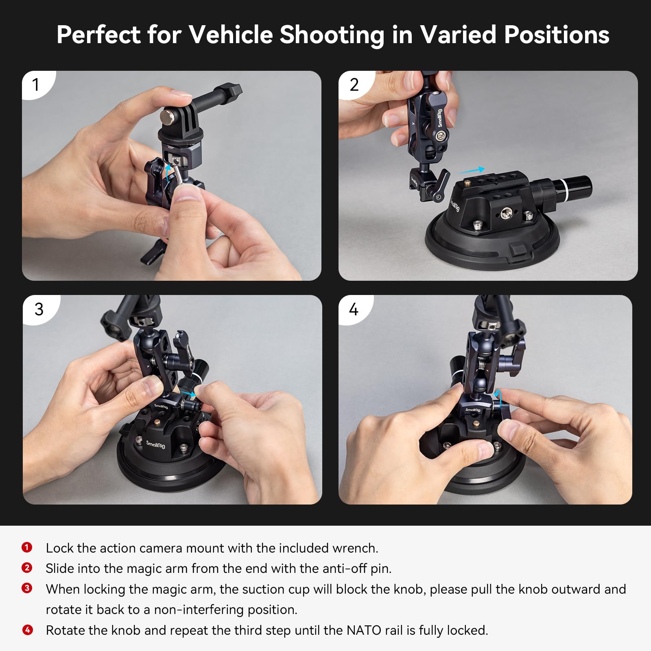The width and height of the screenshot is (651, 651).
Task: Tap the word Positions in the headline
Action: coord(556,35)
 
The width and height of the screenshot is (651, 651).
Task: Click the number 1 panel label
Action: coord(36,85)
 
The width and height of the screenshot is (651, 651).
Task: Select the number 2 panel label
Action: coord(354,85)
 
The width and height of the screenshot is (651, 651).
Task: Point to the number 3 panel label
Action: coord(39,309)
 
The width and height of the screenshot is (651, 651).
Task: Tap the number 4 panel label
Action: coord(354,310)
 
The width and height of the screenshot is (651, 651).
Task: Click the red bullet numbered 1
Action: coord(27,547)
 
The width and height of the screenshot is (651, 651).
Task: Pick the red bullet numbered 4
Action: coord(27,630)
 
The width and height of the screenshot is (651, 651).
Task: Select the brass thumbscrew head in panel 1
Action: coord(167,117)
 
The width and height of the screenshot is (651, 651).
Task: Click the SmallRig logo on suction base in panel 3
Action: coord(155,444)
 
